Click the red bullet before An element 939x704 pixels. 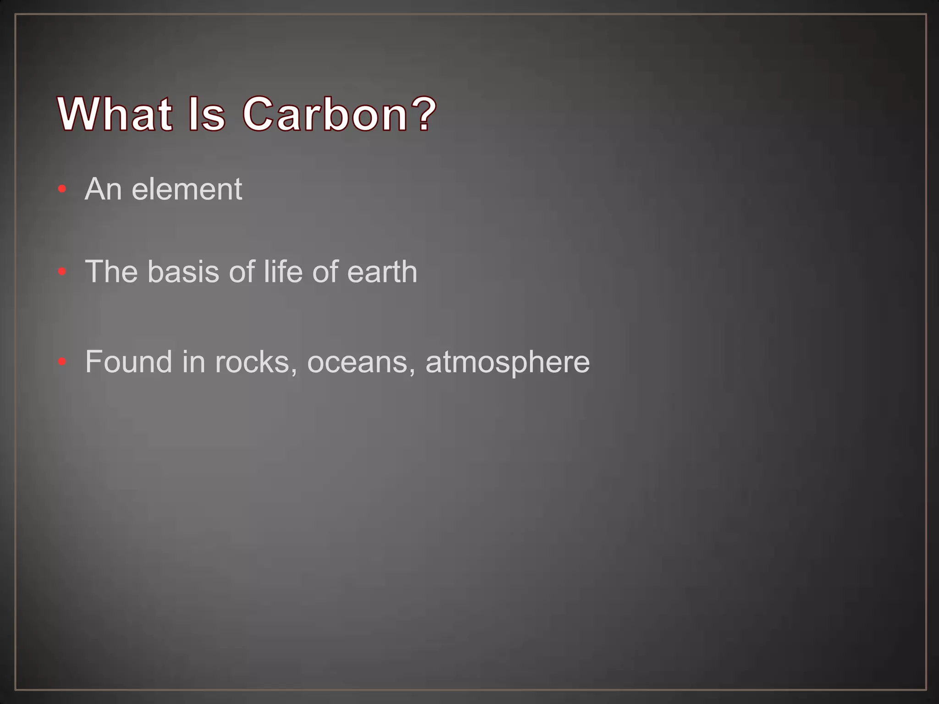[x=62, y=189]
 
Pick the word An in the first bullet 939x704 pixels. [x=103, y=189]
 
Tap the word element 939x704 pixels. [x=187, y=189]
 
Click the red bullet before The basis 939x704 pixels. [x=62, y=272]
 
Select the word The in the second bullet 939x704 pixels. [x=111, y=272]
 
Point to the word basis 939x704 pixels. [x=183, y=272]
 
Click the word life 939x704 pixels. [x=283, y=272]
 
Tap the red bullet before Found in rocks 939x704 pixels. [x=62, y=362]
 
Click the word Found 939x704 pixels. [x=128, y=362]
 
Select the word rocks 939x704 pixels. [x=252, y=362]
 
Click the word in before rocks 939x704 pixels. [x=193, y=362]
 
